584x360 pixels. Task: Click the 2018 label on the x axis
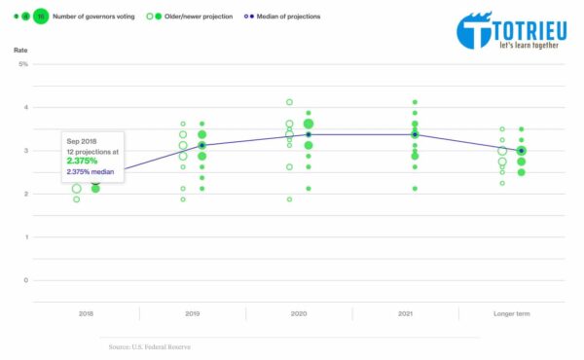(x=86, y=314)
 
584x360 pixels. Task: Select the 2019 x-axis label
(x=193, y=314)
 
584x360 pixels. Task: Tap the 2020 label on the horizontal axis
(x=299, y=314)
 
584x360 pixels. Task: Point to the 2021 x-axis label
(x=405, y=314)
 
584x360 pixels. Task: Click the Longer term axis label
(x=512, y=314)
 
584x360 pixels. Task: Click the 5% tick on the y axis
(x=23, y=64)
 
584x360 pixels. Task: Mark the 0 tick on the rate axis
(x=25, y=280)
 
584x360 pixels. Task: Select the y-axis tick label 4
(x=25, y=107)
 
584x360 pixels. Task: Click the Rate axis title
(x=21, y=49)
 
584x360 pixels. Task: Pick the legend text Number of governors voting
(x=95, y=17)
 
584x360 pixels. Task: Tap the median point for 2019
(x=202, y=145)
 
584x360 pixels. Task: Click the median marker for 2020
(x=309, y=134)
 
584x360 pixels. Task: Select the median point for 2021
(x=415, y=134)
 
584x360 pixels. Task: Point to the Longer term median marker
(x=521, y=151)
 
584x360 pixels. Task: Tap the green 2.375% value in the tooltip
(x=83, y=161)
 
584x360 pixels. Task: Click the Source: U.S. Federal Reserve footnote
(x=149, y=345)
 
